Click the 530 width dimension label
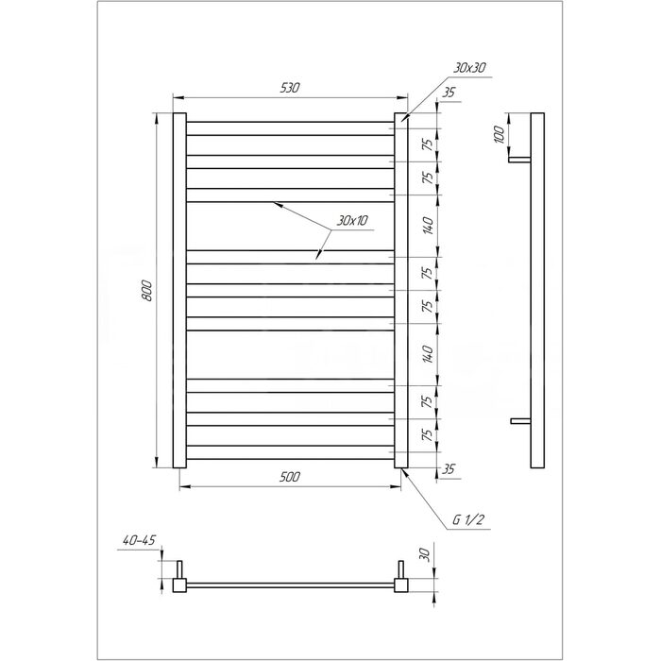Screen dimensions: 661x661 coord(290,88)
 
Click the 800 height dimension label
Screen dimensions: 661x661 coord(146,291)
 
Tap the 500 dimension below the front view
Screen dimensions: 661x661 coord(290,477)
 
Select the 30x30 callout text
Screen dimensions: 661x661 coord(469,67)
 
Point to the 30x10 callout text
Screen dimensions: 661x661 coord(352,220)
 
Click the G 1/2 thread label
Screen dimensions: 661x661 coord(467,519)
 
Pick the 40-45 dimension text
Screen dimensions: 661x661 coord(139,540)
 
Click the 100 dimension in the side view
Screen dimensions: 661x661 coord(500,134)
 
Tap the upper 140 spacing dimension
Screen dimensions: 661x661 coord(428,226)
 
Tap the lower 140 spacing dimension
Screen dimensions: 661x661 coord(428,354)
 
